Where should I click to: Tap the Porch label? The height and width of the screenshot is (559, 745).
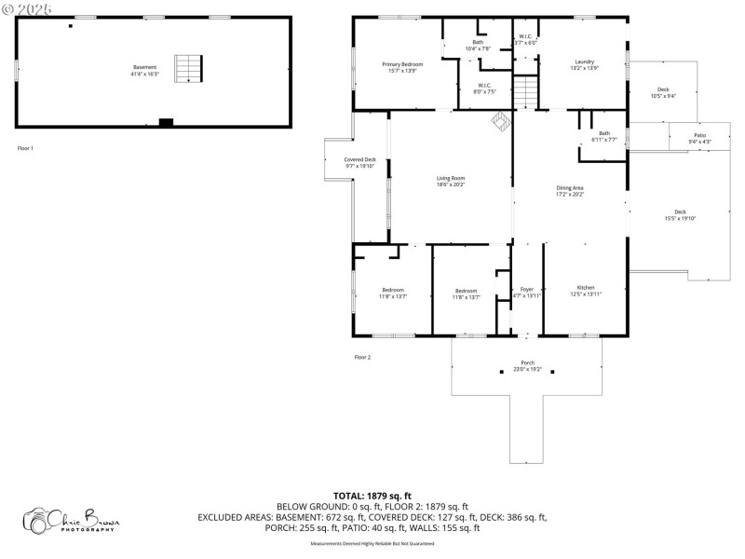tap(527, 365)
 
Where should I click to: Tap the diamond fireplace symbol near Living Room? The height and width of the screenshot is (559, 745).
tap(500, 122)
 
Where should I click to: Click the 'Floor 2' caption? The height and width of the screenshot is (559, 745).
tap(362, 357)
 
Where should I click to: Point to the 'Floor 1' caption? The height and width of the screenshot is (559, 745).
tap(25, 148)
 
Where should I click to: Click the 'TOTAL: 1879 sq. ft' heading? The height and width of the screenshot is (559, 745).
tap(372, 496)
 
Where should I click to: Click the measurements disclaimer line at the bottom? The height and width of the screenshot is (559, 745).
tap(372, 542)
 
